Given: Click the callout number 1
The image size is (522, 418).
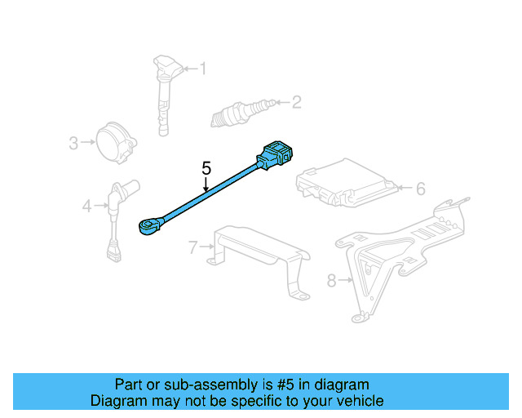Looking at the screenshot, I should tap(203, 69).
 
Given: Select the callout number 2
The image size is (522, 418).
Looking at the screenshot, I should tap(296, 102).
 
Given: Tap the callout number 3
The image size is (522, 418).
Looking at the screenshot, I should tap(73, 144).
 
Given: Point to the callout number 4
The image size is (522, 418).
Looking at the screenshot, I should tap(87, 207).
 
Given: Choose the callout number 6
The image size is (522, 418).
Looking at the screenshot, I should tap(420, 189).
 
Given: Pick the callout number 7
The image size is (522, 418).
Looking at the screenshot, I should tap(192, 247).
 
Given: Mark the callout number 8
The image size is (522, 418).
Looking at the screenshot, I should tap(331, 281).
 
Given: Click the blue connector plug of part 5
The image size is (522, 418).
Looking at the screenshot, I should tap(278, 156).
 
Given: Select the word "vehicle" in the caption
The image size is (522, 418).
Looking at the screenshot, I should tap(359, 401).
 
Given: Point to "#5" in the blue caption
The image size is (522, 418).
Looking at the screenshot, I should tap(295, 385).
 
